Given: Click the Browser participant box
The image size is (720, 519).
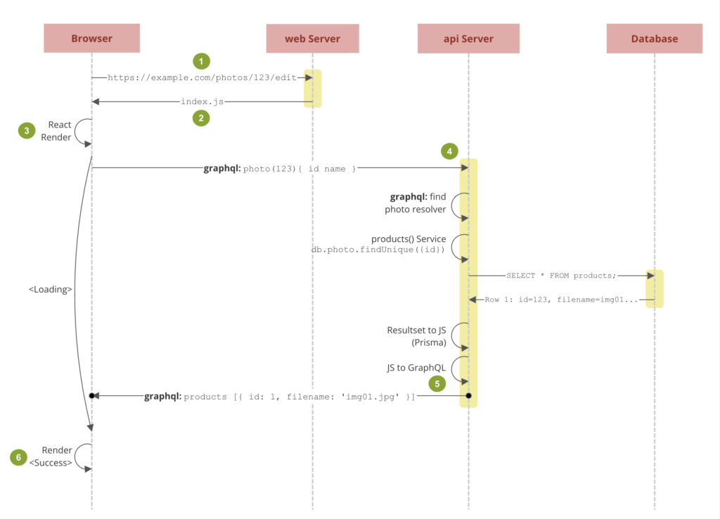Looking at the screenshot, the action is (92, 38).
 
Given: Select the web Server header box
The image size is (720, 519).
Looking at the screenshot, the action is (313, 39).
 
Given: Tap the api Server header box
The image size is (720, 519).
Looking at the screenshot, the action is (468, 39).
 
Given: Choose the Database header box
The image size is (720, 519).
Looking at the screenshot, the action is (655, 39).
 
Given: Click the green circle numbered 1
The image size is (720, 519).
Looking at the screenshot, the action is (201, 61).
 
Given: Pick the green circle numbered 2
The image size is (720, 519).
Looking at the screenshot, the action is (201, 118).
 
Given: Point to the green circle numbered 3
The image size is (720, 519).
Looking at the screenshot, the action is (27, 130).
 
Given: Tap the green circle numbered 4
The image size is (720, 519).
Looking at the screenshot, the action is (449, 151).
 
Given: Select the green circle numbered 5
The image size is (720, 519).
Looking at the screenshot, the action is (437, 383).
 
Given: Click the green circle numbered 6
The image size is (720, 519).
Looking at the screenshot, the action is (18, 457).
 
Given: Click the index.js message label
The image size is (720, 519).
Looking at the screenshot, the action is (202, 101).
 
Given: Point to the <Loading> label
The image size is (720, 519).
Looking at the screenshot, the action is (50, 289).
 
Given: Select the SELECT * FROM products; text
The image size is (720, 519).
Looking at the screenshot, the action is (561, 276).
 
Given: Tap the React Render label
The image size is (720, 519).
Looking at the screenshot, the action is (56, 131).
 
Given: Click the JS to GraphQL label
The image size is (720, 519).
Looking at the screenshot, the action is (416, 367).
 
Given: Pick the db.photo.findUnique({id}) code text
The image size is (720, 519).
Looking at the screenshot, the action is (378, 250).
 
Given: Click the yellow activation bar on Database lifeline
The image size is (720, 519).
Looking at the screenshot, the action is (655, 288).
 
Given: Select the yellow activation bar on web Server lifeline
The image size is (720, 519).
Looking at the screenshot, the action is (313, 89).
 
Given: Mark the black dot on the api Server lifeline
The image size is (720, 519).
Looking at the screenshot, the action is (468, 395).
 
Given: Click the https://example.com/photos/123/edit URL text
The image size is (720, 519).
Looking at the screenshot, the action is (202, 77).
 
